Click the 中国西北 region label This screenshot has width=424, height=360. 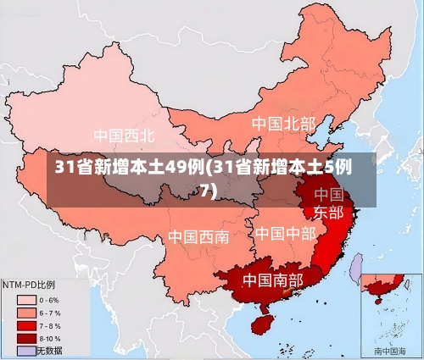coord(124,135)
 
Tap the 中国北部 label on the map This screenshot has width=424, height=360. coord(283,124)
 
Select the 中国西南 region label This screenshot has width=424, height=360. coord(198,236)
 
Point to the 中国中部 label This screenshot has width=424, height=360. coord(285,233)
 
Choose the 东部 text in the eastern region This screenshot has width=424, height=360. coord(329,212)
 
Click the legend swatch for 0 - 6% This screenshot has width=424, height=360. coord(25,299)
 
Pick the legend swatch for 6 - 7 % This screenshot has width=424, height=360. coord(25,312)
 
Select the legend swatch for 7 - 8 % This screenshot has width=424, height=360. coord(25,324)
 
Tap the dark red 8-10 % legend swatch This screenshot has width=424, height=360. coord(25,337)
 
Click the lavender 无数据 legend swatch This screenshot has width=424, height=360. coord(25,349)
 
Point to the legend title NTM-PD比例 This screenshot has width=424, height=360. coord(30,284)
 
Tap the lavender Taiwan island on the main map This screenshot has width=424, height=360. coord(357,269)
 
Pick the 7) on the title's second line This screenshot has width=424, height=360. coord(208,191)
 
